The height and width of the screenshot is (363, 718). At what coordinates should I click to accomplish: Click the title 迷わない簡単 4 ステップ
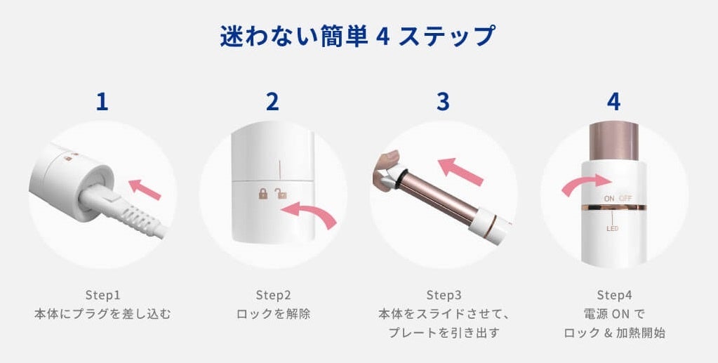coord(358,36)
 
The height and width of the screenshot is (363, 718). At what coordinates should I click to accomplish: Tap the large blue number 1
coord(102,102)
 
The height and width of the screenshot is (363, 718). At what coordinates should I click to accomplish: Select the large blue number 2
coord(272,102)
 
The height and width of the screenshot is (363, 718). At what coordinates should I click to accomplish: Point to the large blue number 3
coord(443,102)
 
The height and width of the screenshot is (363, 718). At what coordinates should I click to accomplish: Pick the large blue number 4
coord(613,102)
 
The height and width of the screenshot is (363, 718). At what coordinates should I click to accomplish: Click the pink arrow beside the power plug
coord(145,190)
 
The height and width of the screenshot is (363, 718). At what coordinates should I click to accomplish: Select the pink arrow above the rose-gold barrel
coord(460,171)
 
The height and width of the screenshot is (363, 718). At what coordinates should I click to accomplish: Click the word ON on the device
coord(609,199)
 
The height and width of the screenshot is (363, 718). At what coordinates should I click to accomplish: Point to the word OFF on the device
coord(625,199)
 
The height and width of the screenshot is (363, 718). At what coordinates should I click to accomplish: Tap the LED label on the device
coord(612,228)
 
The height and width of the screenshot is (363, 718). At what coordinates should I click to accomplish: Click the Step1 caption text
coord(102,294)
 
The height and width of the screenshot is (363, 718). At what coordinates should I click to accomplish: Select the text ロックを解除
coord(273,314)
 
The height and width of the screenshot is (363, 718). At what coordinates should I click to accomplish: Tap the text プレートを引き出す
coord(444,333)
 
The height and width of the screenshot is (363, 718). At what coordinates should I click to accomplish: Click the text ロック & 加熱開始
coord(614,333)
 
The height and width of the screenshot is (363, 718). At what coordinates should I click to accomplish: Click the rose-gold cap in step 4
coord(613,141)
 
